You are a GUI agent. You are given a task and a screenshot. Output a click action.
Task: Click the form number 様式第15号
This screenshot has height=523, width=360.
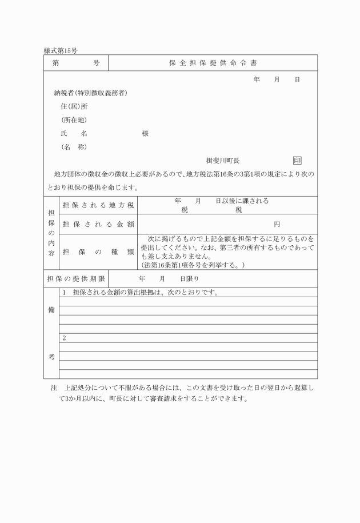61,51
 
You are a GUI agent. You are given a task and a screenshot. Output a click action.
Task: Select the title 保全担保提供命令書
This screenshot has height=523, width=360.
213,63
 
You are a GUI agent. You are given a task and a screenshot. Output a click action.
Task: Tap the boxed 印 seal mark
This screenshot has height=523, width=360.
297,161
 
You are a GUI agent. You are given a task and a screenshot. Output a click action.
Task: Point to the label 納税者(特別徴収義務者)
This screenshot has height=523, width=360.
90,93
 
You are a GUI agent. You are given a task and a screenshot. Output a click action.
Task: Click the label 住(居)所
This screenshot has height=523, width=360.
74,106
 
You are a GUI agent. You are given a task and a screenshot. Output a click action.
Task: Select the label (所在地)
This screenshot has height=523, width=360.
74,120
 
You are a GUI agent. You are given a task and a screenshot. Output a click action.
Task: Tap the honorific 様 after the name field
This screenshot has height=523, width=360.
145,133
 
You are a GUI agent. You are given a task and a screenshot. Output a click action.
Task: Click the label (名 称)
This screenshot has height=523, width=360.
74,146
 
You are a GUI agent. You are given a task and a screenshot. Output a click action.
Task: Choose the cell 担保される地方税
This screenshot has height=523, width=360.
98,205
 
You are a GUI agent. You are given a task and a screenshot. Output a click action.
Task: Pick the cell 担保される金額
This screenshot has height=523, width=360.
98,223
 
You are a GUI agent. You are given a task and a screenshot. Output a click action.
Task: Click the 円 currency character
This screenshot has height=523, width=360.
277,223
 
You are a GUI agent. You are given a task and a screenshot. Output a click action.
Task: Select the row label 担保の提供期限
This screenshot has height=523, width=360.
75,279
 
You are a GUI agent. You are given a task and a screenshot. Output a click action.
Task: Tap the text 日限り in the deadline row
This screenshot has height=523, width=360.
190,279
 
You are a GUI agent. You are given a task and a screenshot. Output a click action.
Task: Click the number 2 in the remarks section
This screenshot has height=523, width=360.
64,338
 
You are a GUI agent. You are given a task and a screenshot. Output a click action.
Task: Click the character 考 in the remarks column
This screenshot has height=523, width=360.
51,357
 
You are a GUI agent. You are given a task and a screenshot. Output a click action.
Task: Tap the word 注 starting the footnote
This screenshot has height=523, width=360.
54,388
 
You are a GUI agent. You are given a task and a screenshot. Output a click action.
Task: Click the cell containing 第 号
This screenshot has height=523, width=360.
75,63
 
